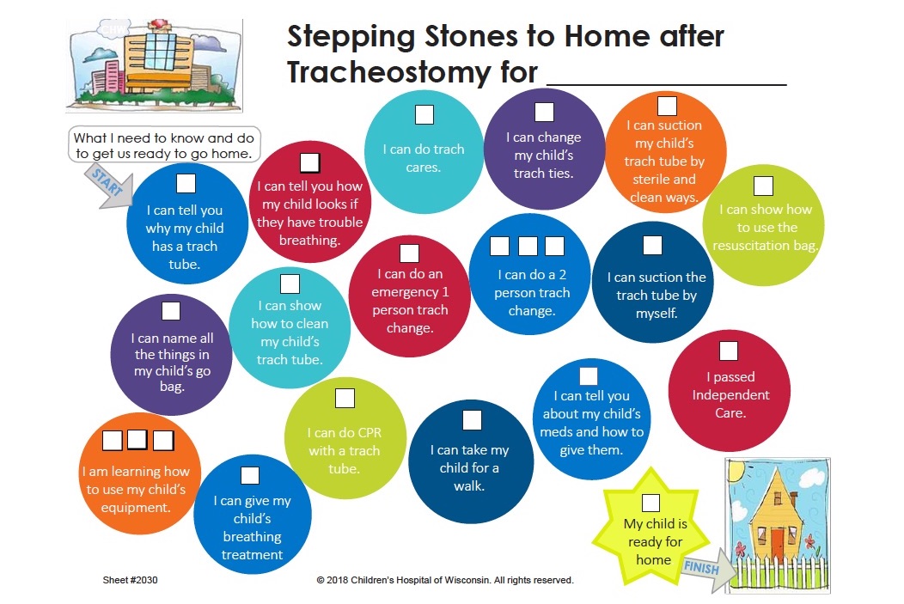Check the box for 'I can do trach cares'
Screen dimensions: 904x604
coord(425,114)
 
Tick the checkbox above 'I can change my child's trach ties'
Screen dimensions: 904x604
coord(544,112)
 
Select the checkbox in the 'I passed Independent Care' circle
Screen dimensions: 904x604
coord(728,351)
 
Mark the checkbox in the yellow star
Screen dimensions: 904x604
coord(651,503)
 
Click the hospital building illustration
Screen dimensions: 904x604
coord(154,65)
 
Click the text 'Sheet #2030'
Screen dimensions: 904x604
coord(130,580)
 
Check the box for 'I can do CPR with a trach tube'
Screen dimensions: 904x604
coord(345,399)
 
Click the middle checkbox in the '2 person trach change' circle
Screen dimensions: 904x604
coord(528,246)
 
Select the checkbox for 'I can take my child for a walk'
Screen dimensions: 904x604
coord(472,420)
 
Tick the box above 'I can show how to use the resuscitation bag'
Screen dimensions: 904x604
coord(763,186)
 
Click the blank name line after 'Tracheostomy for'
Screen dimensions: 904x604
coord(667,84)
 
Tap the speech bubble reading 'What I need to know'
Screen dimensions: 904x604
coord(164,145)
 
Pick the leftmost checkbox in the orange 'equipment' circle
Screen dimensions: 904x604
coord(112,441)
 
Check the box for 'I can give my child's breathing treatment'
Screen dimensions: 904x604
coord(250,475)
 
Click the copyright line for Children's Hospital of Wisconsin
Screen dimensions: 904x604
coord(445,580)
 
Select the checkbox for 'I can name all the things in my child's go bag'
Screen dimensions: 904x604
coord(171,311)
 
